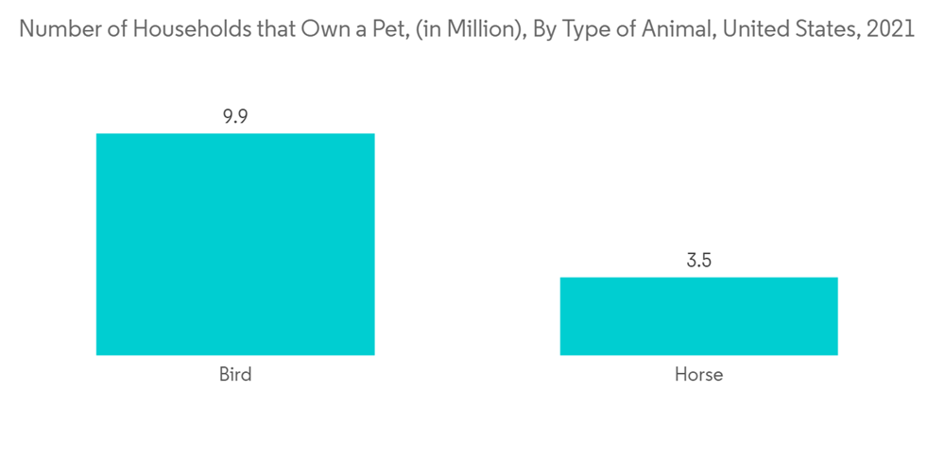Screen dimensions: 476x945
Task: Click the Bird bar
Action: click(x=235, y=244)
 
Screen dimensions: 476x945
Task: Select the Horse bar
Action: click(x=698, y=315)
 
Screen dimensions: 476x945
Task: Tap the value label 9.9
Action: click(x=235, y=118)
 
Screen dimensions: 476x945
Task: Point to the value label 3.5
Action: click(x=698, y=262)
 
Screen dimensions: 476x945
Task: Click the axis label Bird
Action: click(x=235, y=375)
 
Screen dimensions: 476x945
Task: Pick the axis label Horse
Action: click(x=698, y=375)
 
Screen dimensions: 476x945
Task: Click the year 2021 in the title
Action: click(x=890, y=29)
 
